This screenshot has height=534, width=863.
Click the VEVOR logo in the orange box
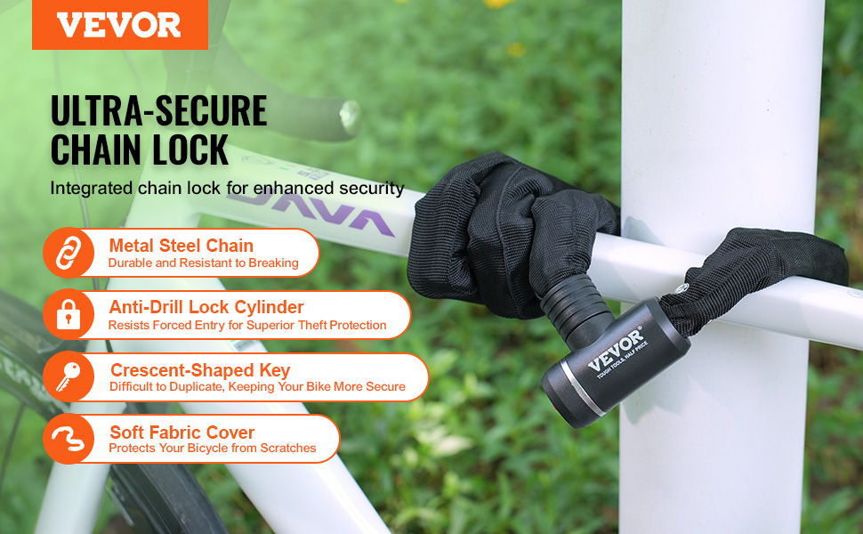coord(119,25)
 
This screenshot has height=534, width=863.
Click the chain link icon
coord(69,253)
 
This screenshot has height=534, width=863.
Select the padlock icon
coord(69,314)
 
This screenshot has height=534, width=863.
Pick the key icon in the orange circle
coord(69,376)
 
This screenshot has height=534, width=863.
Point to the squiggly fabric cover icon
coord(69,439)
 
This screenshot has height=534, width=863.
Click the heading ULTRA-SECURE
coord(158,110)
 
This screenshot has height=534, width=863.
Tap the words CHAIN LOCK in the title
coord(140,150)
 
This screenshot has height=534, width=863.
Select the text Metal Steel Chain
coord(181,246)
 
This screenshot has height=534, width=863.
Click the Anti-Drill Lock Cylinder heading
coord(206,307)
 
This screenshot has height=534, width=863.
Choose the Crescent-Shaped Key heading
coord(200,370)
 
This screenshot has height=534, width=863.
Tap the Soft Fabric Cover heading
coord(181,433)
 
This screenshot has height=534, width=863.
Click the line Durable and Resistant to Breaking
coord(203,263)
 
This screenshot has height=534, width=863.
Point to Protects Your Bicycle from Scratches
coord(213,449)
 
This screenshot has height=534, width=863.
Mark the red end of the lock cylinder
coord(555,408)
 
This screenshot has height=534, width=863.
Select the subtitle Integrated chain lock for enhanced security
coord(227,189)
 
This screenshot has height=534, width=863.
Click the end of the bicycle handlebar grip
coord(349,117)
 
